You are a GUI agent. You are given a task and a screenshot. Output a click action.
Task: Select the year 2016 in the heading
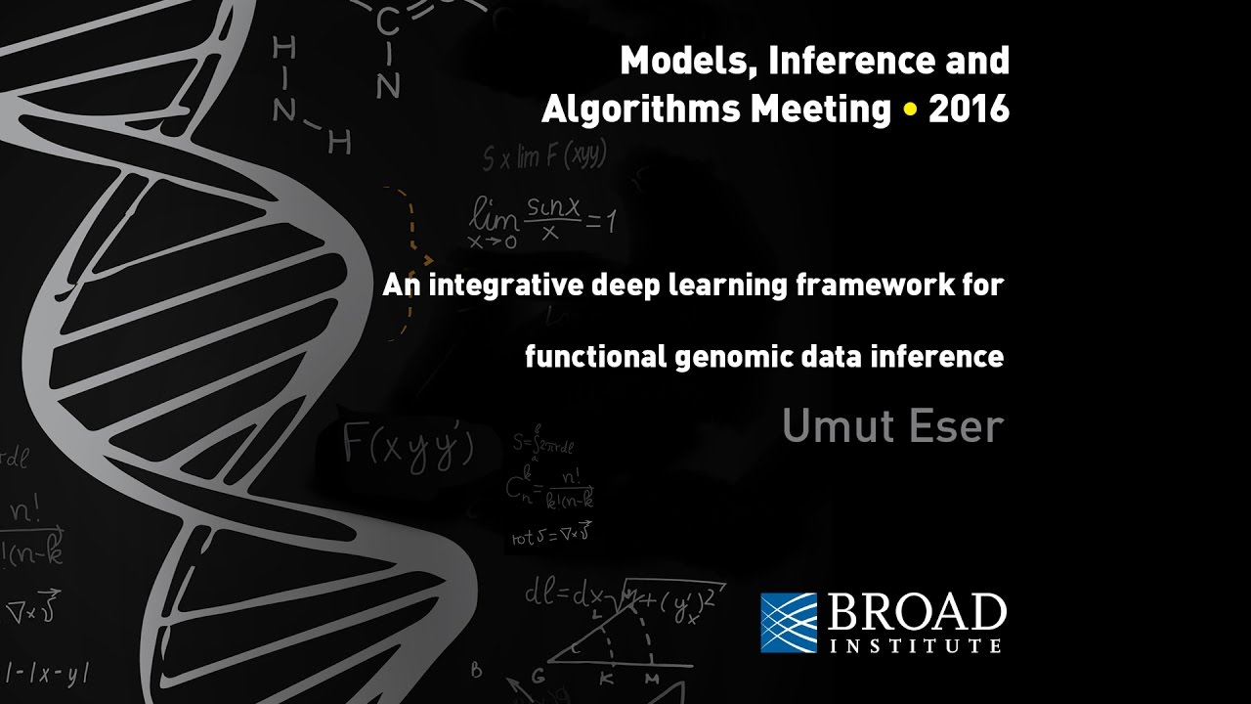(x=969, y=110)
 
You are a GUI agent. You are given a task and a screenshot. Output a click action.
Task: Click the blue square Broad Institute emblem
(x=789, y=622)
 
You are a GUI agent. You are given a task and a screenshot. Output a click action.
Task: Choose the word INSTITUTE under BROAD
(x=915, y=646)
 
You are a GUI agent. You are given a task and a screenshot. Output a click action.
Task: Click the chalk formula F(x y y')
(x=409, y=446)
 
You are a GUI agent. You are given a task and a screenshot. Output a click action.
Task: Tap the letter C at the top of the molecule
(x=387, y=19)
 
